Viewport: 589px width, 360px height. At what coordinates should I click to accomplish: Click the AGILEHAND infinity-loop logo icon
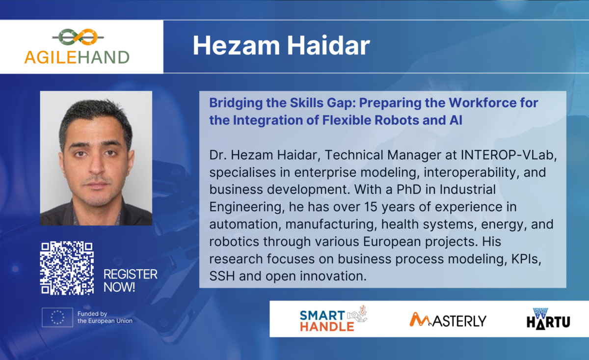78,37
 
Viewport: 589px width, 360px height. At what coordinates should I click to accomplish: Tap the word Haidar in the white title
328,46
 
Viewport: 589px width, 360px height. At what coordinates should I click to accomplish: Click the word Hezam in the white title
237,46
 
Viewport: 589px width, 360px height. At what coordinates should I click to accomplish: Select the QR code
67,268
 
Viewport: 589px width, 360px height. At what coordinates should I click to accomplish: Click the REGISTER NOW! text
131,280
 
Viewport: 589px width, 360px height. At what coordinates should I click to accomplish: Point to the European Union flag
57,317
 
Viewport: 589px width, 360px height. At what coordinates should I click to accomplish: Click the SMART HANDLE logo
333,319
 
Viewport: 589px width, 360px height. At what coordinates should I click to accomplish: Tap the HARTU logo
549,319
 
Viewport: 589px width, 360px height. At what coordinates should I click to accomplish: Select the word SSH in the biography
222,277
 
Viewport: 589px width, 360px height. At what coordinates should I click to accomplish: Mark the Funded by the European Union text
105,317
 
